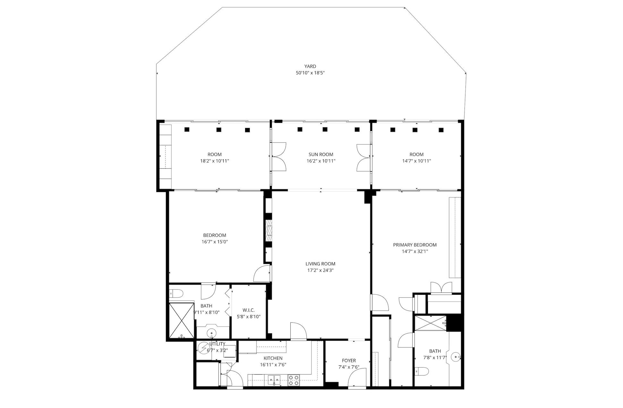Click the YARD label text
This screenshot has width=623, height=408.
(310, 66)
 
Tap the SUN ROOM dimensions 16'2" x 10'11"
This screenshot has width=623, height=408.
(320, 161)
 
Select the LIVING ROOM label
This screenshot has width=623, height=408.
(320, 264)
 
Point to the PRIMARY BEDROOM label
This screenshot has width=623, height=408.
(414, 245)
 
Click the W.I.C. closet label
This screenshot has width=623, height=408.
(248, 310)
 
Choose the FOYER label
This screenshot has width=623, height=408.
(349, 361)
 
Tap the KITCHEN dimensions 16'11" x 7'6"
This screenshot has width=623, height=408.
(273, 365)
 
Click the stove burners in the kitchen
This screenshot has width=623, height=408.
(293, 380)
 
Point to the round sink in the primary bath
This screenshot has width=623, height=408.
(456, 356)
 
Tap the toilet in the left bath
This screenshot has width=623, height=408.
(176, 293)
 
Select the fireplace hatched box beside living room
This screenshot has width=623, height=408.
(269, 230)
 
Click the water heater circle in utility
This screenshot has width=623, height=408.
(203, 348)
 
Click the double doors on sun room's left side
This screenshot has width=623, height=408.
(278, 157)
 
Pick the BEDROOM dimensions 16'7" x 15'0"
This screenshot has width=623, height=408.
(214, 242)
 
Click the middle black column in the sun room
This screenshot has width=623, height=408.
(325, 129)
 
